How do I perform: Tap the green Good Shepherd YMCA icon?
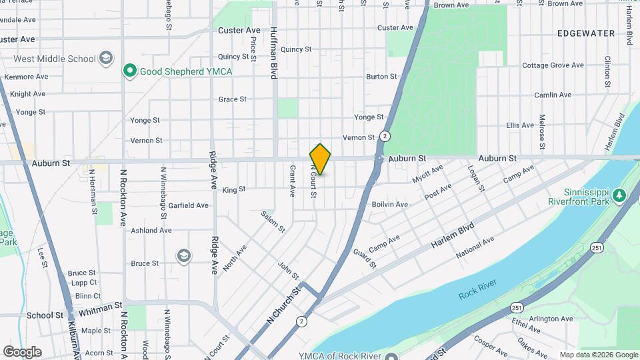129,70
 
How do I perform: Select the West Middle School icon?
105,59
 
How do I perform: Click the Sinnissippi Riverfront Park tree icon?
619,195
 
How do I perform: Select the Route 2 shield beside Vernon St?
385,136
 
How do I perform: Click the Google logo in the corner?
22,351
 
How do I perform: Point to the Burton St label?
381,77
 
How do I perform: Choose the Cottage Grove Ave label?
553,65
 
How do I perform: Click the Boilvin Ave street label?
389,204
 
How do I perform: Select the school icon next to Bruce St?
183,255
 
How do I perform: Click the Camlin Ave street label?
557,95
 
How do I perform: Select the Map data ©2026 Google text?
598,355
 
